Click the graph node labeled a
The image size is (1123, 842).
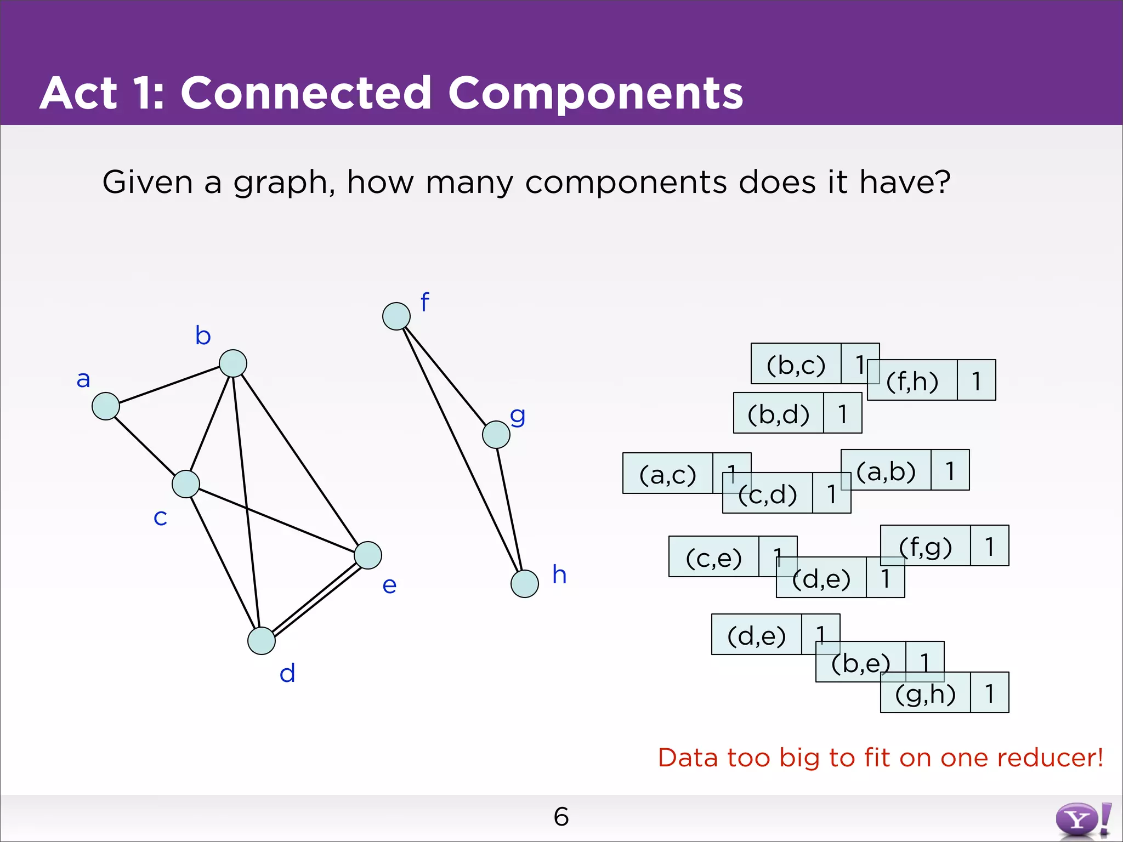(x=106, y=406)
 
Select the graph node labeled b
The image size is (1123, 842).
(x=233, y=363)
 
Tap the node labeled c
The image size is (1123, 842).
(x=186, y=484)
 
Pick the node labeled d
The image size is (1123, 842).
(x=262, y=641)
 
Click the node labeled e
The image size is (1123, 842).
(x=368, y=555)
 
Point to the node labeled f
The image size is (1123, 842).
(x=396, y=316)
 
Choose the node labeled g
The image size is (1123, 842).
(x=496, y=435)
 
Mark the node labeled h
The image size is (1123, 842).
(x=525, y=584)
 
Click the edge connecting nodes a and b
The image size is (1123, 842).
(x=169, y=385)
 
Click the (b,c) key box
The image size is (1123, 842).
(x=796, y=364)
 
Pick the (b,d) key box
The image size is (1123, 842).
(x=779, y=413)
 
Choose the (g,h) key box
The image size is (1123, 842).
(x=926, y=693)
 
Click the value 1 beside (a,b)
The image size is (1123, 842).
(x=950, y=470)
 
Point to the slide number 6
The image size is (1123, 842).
(x=561, y=817)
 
